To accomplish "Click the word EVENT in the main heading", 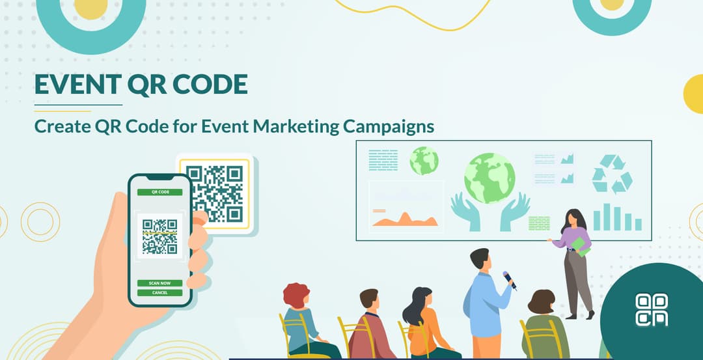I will click(75, 84).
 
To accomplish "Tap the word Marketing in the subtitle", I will click(296, 126).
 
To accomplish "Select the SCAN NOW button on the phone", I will click(159, 283).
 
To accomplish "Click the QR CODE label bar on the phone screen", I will click(159, 192).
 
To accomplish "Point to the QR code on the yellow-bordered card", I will click(214, 193).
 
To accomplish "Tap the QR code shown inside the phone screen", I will click(159, 236).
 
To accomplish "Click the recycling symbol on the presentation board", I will click(612, 174).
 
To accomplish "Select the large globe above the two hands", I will click(489, 178).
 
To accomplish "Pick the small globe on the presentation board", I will click(424, 160).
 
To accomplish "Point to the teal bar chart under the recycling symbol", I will click(617, 218).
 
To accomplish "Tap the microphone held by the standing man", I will click(509, 280).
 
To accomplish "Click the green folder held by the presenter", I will click(579, 246).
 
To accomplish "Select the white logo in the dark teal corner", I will click(652, 309).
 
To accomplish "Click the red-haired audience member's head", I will click(297, 296).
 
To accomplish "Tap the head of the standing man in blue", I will click(479, 258).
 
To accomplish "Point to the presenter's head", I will click(572, 219).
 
